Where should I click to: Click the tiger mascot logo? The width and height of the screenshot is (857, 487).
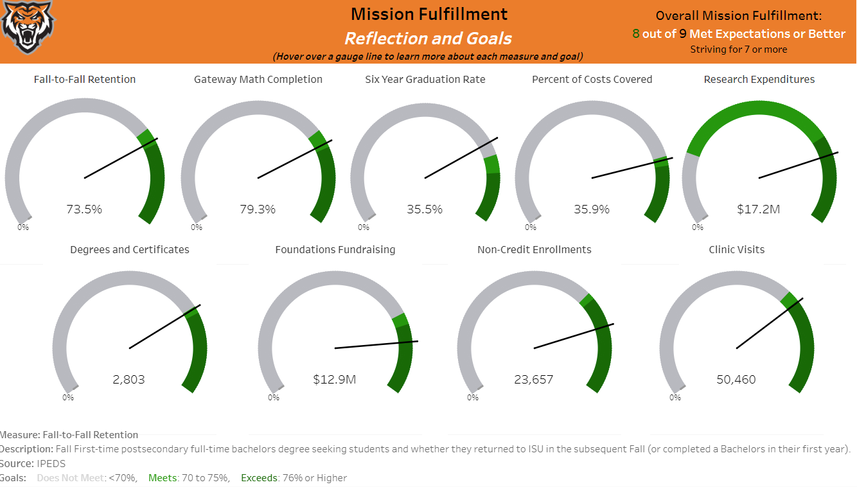(28, 27)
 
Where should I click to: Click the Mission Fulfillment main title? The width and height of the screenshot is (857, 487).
(429, 14)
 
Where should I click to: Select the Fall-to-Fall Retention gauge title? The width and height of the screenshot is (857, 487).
(85, 80)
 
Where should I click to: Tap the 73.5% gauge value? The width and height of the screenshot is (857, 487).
(84, 209)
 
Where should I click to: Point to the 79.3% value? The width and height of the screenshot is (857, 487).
(258, 209)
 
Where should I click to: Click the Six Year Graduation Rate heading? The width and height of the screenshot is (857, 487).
(425, 80)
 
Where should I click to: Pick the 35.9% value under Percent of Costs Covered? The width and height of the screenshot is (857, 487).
(592, 209)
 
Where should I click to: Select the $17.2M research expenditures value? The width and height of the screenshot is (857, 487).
(759, 209)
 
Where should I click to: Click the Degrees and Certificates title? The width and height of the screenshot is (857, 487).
(130, 250)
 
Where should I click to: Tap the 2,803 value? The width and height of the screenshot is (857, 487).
(129, 380)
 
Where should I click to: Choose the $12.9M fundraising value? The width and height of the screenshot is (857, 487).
(335, 380)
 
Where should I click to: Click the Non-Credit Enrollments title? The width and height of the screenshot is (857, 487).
(535, 250)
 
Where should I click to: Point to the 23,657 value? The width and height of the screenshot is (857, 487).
(534, 380)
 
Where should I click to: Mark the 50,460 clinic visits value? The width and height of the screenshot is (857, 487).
(736, 380)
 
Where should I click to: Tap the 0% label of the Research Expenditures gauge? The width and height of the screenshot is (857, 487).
(698, 227)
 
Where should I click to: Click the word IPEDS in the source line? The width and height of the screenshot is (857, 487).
(51, 463)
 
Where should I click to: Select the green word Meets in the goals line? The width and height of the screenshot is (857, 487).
(161, 478)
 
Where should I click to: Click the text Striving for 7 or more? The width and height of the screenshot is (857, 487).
(738, 49)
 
